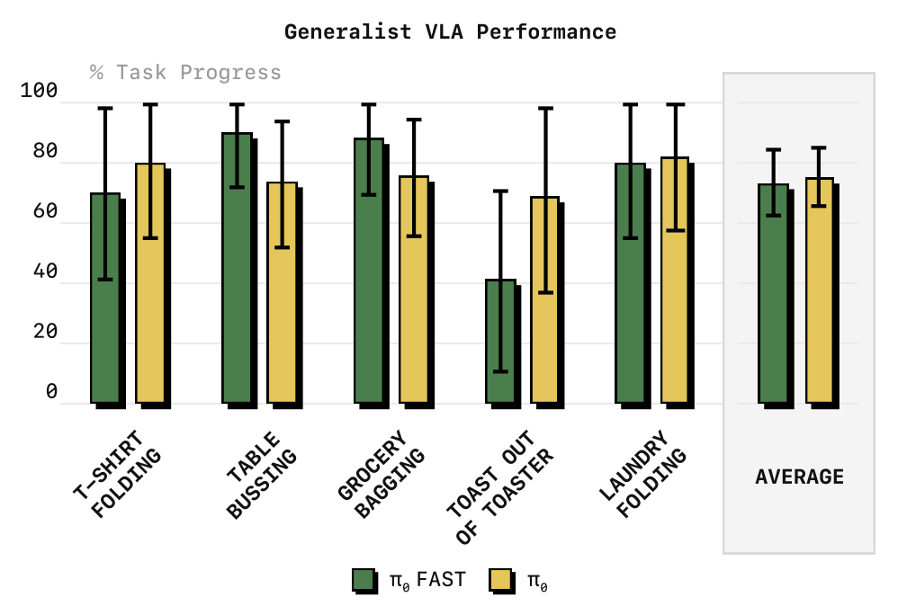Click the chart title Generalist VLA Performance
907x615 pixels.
450,31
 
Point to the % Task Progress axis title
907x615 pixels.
185,73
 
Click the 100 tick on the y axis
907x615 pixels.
39,90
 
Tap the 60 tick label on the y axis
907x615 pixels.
45,211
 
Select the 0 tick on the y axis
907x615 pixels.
51,391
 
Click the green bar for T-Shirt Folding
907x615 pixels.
105,299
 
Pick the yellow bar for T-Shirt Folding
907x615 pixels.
150,283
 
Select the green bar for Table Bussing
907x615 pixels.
238,268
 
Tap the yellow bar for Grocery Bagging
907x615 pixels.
414,290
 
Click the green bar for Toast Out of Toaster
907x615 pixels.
500,342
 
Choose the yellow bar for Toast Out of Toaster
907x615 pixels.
545,300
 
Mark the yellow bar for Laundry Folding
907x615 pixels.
675,281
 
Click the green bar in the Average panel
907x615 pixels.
774,294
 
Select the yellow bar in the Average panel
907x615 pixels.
819,290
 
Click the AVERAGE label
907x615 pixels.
799,477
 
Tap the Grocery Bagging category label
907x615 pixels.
382,474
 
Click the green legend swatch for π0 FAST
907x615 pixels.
364,580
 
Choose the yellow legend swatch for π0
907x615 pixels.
501,580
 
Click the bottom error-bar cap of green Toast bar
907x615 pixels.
500,371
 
